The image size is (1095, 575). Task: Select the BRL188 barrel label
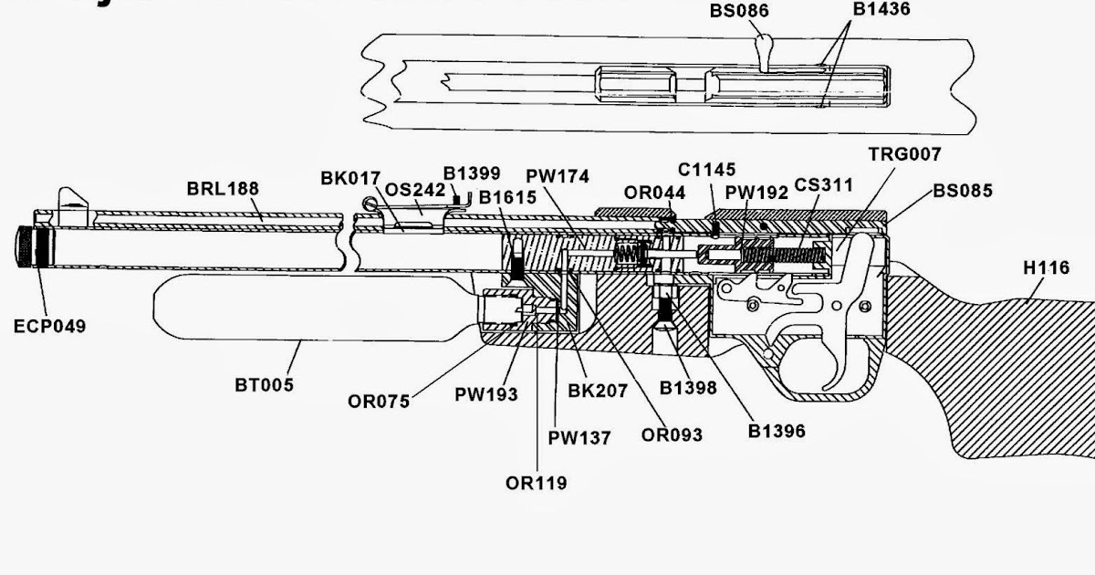pyautogui.click(x=223, y=189)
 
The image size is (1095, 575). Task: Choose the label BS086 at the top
pyautogui.click(x=739, y=12)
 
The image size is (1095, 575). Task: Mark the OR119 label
pyautogui.click(x=536, y=483)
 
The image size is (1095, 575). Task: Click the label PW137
pyautogui.click(x=580, y=438)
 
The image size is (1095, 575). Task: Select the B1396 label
pyautogui.click(x=777, y=431)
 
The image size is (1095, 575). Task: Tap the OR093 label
pyautogui.click(x=672, y=435)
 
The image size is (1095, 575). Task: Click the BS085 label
pyautogui.click(x=963, y=192)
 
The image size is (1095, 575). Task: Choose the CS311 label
pyautogui.click(x=823, y=186)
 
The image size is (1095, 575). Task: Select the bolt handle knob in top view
pyautogui.click(x=766, y=43)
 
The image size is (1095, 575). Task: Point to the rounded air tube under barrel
pyautogui.click(x=310, y=307)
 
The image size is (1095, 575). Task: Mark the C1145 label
pyautogui.click(x=706, y=170)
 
